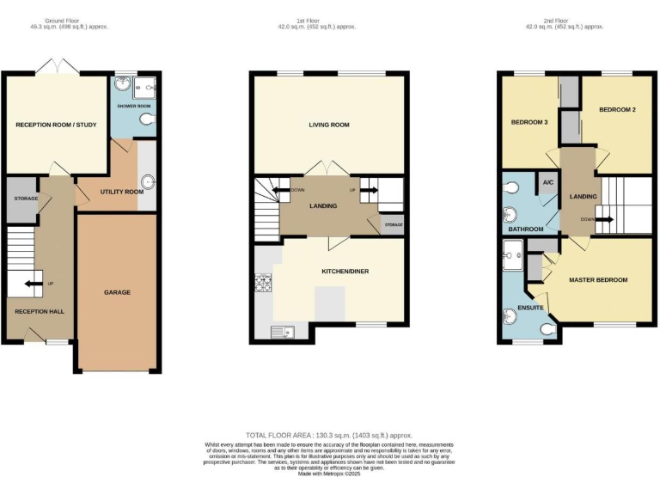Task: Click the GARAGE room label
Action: (x=118, y=292)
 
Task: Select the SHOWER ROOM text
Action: (x=134, y=107)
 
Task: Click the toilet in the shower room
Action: (x=150, y=119)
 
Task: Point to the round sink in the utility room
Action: (x=147, y=181)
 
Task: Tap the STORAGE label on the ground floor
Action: (x=26, y=199)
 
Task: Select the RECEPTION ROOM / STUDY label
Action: (x=56, y=125)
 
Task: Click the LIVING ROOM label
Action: (x=329, y=125)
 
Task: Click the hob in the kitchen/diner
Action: (x=262, y=281)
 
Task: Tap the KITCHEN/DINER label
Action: (x=345, y=272)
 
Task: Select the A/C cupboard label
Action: (x=547, y=181)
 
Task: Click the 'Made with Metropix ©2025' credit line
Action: (x=330, y=474)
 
